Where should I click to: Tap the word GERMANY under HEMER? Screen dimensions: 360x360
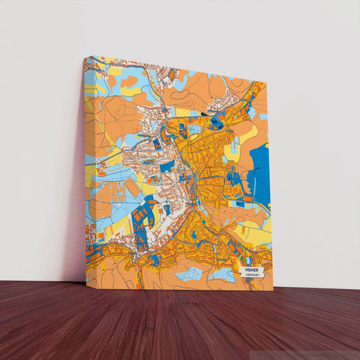[x=253, y=275]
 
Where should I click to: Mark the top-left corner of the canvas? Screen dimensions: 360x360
[x=84, y=57]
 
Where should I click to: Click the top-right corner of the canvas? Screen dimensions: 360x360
[x=266, y=83]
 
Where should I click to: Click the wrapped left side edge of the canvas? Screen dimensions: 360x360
[x=84, y=169]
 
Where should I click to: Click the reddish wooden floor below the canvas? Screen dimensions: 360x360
[x=180, y=324]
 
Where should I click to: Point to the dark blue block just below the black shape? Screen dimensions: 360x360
[x=216, y=123]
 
